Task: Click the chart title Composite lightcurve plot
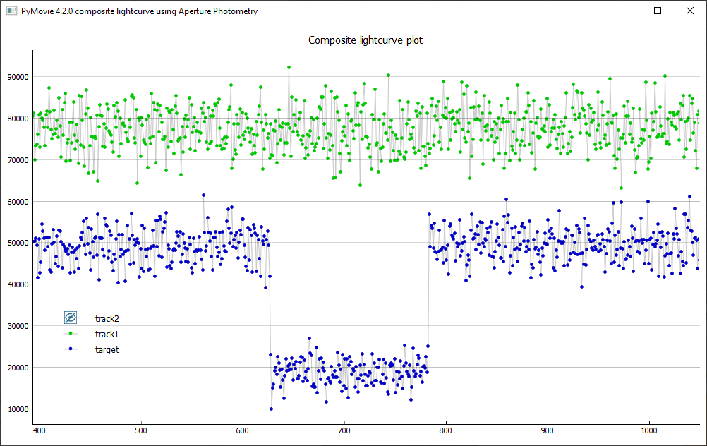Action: click(365, 40)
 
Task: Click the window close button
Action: click(689, 11)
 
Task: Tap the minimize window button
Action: click(625, 11)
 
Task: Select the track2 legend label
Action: click(107, 318)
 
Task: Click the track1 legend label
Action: click(107, 334)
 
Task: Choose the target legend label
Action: click(107, 349)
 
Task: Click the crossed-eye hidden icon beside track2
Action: click(71, 318)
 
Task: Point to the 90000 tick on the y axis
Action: click(18, 77)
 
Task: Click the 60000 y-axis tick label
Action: click(18, 202)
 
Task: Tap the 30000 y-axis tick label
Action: click(18, 326)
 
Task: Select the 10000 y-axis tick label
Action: click(18, 409)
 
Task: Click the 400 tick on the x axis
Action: click(40, 430)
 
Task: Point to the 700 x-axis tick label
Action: click(344, 430)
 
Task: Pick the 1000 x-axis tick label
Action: click(649, 430)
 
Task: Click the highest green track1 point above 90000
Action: click(289, 68)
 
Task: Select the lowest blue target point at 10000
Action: click(271, 409)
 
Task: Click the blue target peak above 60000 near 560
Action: click(203, 195)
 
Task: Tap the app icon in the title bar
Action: click(11, 11)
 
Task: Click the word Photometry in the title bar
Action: click(235, 11)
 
